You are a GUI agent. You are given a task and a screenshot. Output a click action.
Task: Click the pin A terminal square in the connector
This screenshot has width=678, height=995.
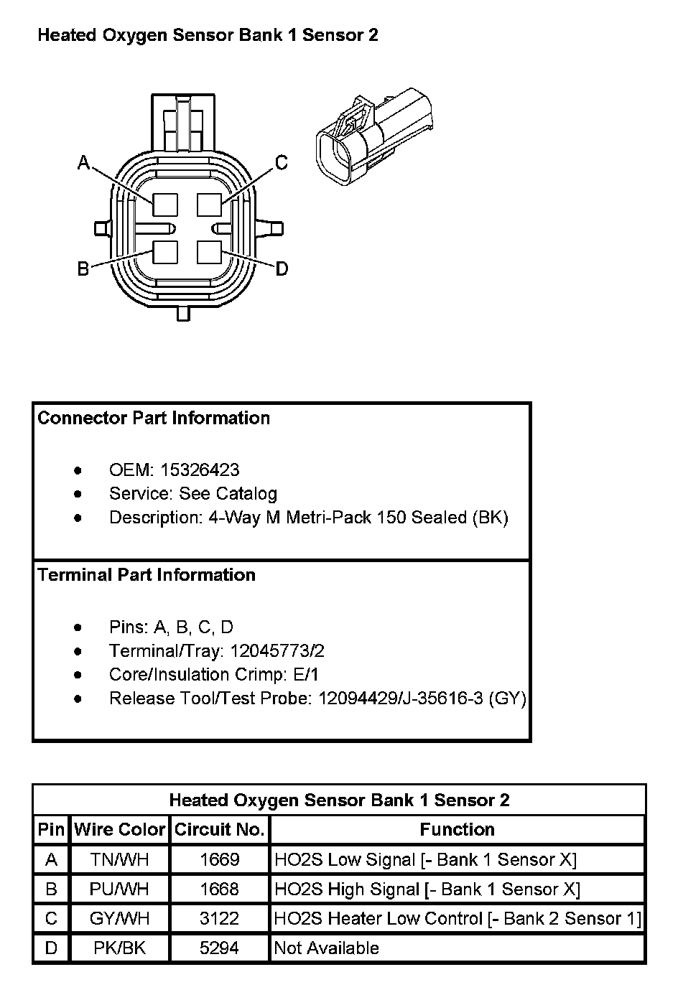pos(165,205)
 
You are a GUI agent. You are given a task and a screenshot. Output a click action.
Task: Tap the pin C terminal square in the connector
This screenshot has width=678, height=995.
pos(209,205)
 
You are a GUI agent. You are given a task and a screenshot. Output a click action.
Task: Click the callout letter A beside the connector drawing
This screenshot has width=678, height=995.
pos(83,164)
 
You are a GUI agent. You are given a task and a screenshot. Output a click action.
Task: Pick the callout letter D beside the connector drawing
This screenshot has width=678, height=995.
pos(282,268)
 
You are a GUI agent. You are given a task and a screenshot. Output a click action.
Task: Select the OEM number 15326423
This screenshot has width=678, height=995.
pos(200,470)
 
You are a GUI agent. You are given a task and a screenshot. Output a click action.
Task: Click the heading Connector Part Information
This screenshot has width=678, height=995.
pos(154,419)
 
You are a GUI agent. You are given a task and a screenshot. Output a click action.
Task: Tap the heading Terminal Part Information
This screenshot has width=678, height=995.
pos(147,575)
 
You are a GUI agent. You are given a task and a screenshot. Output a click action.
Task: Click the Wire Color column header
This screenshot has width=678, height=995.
pos(119,830)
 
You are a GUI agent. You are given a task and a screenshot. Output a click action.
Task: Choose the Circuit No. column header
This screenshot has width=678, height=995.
pos(220,830)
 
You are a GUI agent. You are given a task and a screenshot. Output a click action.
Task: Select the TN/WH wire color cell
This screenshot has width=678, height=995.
pos(119,859)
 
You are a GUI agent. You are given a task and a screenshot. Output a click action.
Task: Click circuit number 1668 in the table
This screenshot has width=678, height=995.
pos(219,889)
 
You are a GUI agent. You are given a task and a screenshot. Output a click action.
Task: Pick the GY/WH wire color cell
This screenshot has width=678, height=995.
pos(119,918)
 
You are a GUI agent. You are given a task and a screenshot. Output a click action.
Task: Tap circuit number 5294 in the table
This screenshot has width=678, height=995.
pos(219,948)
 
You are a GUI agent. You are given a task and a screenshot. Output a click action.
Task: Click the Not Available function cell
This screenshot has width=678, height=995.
pos(327,948)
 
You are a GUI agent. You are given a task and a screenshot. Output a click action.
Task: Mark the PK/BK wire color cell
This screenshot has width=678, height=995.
pos(119,948)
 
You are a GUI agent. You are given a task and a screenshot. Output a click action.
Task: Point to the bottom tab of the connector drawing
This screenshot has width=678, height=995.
pos(183,313)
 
